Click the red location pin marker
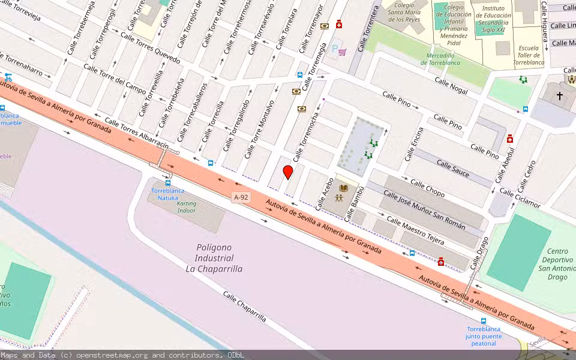(288, 172)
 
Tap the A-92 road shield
(241, 197)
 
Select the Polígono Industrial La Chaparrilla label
(214, 258)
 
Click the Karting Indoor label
(187, 207)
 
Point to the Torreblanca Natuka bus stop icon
(168, 183)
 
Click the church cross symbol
(560, 95)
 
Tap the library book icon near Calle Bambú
(343, 188)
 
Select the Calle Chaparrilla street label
(244, 306)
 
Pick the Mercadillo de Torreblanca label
(445, 59)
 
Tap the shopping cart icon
(342, 52)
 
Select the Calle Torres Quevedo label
(150, 47)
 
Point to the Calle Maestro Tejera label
(415, 231)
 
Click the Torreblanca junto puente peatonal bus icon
(484, 321)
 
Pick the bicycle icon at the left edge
(8, 77)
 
